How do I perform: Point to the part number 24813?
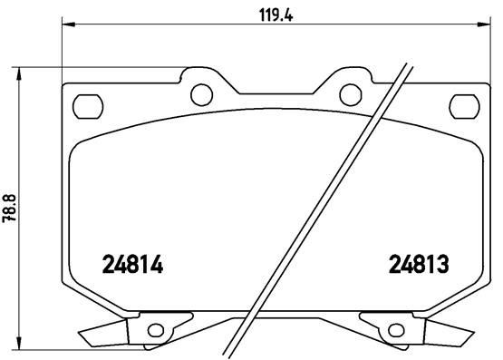click(420, 264)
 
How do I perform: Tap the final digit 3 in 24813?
click(445, 264)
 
